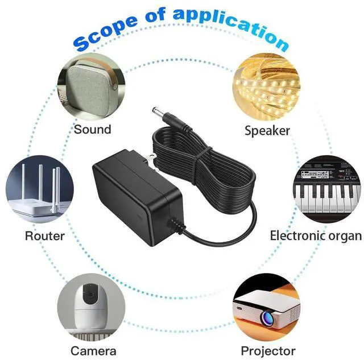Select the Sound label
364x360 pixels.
(x=92, y=129)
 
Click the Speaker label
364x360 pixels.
(x=267, y=130)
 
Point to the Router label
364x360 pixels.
(x=45, y=235)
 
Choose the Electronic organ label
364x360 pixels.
(x=316, y=235)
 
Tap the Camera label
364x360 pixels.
(x=93, y=350)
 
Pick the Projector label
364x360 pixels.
(x=268, y=350)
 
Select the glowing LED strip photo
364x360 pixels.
(x=266, y=85)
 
